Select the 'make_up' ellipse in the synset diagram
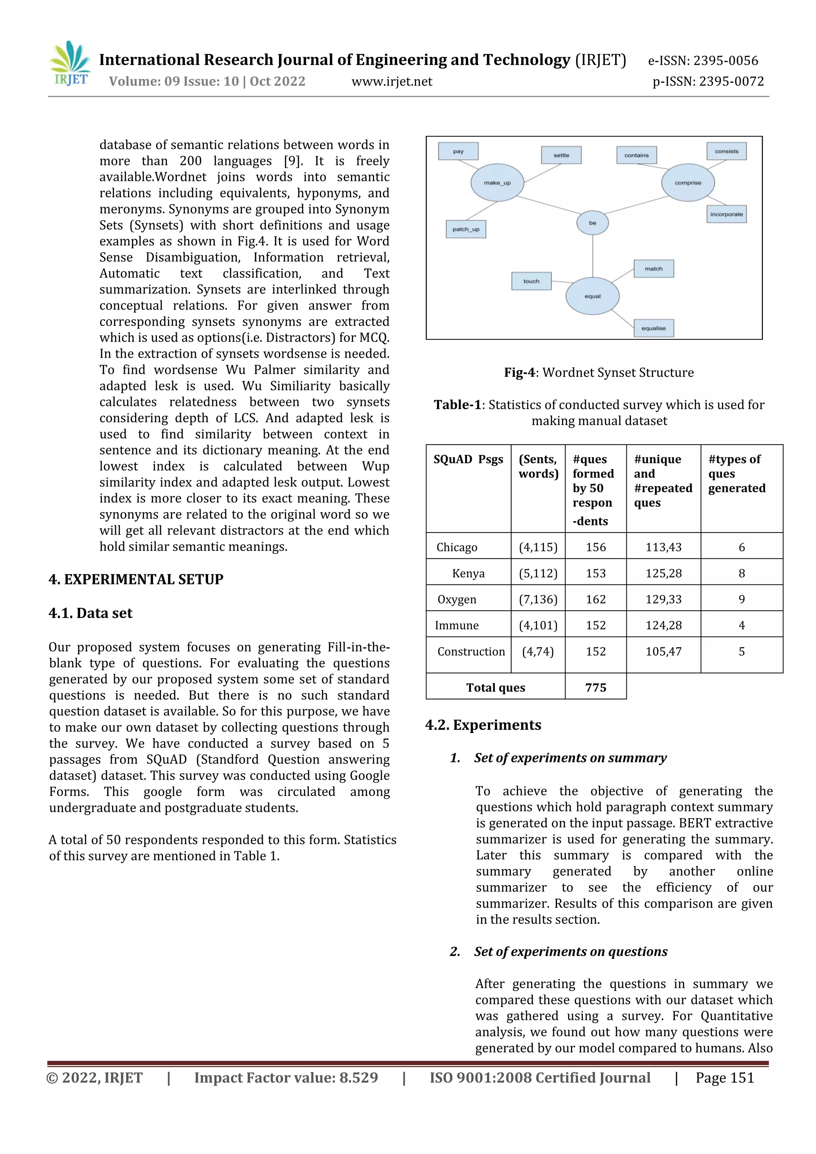(497, 182)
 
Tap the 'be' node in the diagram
(592, 223)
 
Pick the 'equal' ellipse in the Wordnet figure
(592, 296)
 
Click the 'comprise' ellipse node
(687, 182)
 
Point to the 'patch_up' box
(465, 229)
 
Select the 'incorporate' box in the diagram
(726, 214)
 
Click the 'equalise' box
(653, 328)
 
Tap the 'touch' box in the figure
(531, 281)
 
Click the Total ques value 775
(595, 687)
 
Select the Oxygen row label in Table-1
(457, 599)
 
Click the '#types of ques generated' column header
(737, 474)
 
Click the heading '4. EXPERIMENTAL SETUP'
(136, 580)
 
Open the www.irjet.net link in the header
(392, 81)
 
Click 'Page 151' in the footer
(724, 1078)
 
